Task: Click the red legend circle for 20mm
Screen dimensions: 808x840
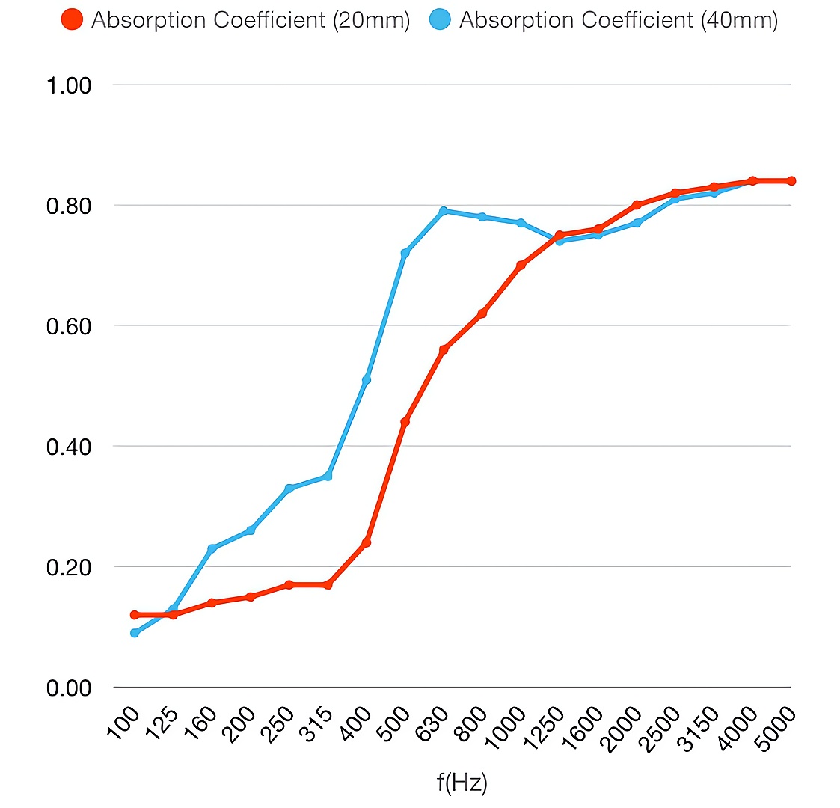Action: pyautogui.click(x=73, y=20)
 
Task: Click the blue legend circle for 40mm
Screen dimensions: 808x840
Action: pyautogui.click(x=441, y=20)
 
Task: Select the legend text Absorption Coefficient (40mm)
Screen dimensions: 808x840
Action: pyautogui.click(x=618, y=20)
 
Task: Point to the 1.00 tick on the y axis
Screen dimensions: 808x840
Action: pyautogui.click(x=69, y=85)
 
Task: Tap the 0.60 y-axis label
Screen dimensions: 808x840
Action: pyautogui.click(x=69, y=326)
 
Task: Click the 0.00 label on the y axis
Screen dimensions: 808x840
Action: pyautogui.click(x=69, y=688)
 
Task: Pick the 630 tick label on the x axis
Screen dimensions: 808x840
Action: pyautogui.click(x=434, y=723)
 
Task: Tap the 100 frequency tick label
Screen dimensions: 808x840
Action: pyautogui.click(x=126, y=723)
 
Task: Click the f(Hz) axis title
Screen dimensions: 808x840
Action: pyautogui.click(x=462, y=783)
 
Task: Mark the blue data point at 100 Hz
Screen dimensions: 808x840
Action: pyautogui.click(x=135, y=633)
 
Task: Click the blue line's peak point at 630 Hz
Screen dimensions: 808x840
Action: pyautogui.click(x=444, y=211)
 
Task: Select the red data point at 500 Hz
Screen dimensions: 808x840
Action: pyautogui.click(x=405, y=422)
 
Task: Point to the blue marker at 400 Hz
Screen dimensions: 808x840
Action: pyautogui.click(x=367, y=380)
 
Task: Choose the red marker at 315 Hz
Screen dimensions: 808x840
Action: pyautogui.click(x=328, y=584)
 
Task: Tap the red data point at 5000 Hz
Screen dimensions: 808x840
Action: pyautogui.click(x=791, y=180)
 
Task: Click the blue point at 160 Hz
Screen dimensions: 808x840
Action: pyautogui.click(x=212, y=548)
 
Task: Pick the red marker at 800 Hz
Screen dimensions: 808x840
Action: pyautogui.click(x=482, y=313)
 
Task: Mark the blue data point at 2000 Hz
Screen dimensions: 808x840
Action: pyautogui.click(x=637, y=223)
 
